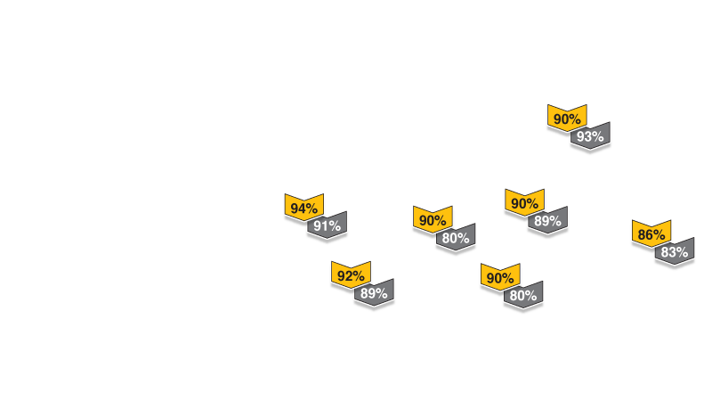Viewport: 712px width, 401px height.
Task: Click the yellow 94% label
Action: [303, 209]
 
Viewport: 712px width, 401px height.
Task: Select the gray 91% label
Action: [328, 226]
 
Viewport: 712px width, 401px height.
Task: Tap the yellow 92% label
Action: [351, 276]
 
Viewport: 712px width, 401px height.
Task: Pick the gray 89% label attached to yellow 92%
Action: [374, 293]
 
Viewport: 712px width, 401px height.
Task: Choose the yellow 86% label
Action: [651, 234]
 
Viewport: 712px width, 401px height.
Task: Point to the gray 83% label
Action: [675, 252]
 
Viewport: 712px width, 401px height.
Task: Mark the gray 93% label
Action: [590, 136]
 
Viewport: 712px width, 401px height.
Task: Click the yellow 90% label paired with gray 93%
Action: [567, 119]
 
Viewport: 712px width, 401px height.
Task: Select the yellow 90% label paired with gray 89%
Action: [524, 203]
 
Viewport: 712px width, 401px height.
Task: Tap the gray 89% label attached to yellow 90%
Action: [547, 221]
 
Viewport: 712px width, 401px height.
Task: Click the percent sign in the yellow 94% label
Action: [311, 209]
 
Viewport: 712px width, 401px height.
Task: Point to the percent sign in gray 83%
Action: [683, 252]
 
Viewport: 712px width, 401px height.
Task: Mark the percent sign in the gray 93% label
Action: [598, 136]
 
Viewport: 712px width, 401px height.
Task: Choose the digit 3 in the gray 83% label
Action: [674, 252]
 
